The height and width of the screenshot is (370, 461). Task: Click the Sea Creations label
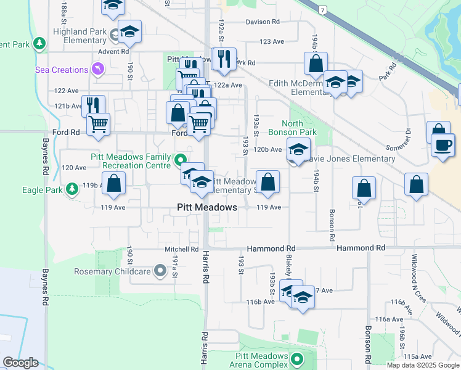pyautogui.click(x=62, y=70)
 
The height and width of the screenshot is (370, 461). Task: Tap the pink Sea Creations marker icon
pyautogui.click(x=97, y=68)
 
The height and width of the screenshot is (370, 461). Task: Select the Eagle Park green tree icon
pyautogui.click(x=72, y=187)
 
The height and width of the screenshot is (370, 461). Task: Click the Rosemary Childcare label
pyautogui.click(x=113, y=271)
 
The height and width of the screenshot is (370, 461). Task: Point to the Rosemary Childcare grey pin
pyautogui.click(x=161, y=270)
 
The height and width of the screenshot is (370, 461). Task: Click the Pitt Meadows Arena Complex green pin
pyautogui.click(x=297, y=358)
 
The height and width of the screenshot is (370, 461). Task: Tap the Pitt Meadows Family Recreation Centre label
pyautogui.click(x=130, y=161)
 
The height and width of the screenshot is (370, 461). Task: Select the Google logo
pyautogui.click(x=20, y=363)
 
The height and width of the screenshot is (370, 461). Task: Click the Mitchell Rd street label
pyautogui.click(x=181, y=250)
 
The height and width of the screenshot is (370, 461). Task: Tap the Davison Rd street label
pyautogui.click(x=263, y=22)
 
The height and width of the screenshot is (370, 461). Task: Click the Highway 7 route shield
pyautogui.click(x=322, y=10)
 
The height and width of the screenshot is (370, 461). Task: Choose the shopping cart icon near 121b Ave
pyautogui.click(x=98, y=125)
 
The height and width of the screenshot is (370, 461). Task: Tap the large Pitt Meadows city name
pyautogui.click(x=207, y=207)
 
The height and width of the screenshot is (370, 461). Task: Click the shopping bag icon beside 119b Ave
pyautogui.click(x=114, y=183)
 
